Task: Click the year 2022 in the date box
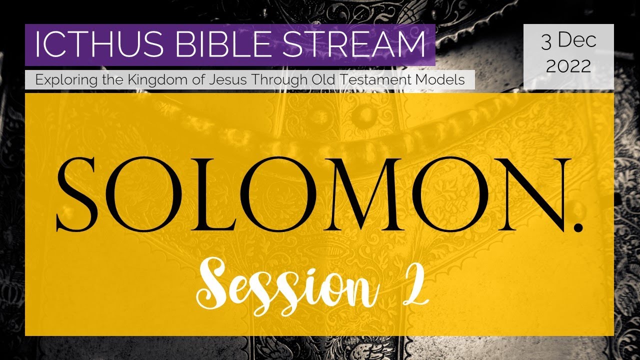pos(568,65)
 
